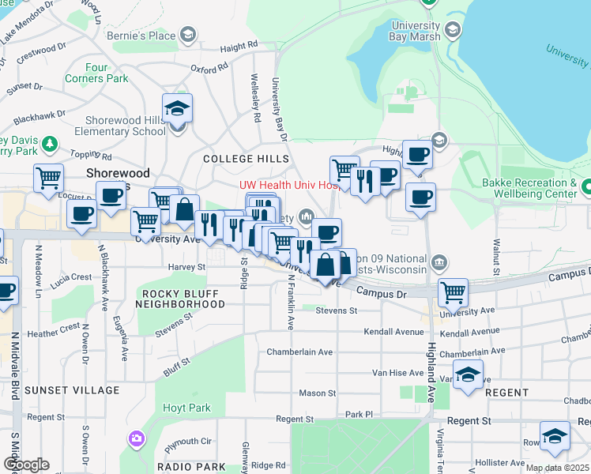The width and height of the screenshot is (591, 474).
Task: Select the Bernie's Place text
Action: [x=151, y=36]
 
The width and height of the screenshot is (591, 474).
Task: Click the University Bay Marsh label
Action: [x=415, y=32]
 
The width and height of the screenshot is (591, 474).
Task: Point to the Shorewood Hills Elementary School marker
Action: [x=178, y=108]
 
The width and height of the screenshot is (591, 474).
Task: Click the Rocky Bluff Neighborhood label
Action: [x=179, y=299]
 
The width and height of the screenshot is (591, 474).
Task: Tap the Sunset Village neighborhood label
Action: [x=64, y=390]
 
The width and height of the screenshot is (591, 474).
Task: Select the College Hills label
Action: [x=240, y=159]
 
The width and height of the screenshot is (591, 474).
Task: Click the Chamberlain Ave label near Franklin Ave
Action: [x=299, y=352]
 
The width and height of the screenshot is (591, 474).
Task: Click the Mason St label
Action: [x=318, y=393]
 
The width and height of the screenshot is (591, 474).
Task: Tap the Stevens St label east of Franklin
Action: [x=337, y=311]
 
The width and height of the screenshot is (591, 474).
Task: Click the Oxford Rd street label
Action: [x=209, y=70]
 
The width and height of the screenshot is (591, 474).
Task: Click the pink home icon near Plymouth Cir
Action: [x=137, y=438]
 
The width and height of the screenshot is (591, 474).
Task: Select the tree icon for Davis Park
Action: [x=50, y=144]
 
